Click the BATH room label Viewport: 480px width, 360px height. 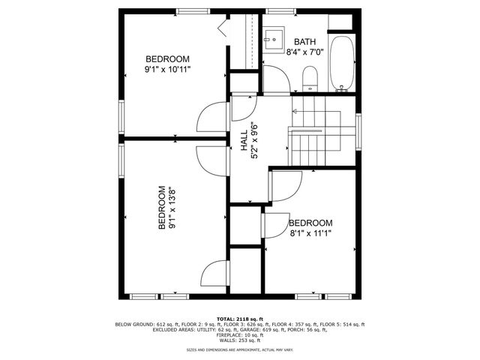[x=305, y=41]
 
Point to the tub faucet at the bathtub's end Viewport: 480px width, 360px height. [x=342, y=88]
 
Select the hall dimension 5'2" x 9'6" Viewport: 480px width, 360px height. [x=255, y=141]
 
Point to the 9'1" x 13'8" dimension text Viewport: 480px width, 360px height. [x=172, y=208]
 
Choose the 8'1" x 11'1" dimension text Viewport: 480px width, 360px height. [x=310, y=234]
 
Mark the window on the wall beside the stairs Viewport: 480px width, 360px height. [x=358, y=129]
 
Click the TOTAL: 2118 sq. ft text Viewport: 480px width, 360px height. [x=240, y=318]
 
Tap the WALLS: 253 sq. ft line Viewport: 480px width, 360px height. [x=240, y=340]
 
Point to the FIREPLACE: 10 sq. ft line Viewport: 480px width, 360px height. [x=240, y=335]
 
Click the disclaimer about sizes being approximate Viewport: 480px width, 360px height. [x=240, y=350]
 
